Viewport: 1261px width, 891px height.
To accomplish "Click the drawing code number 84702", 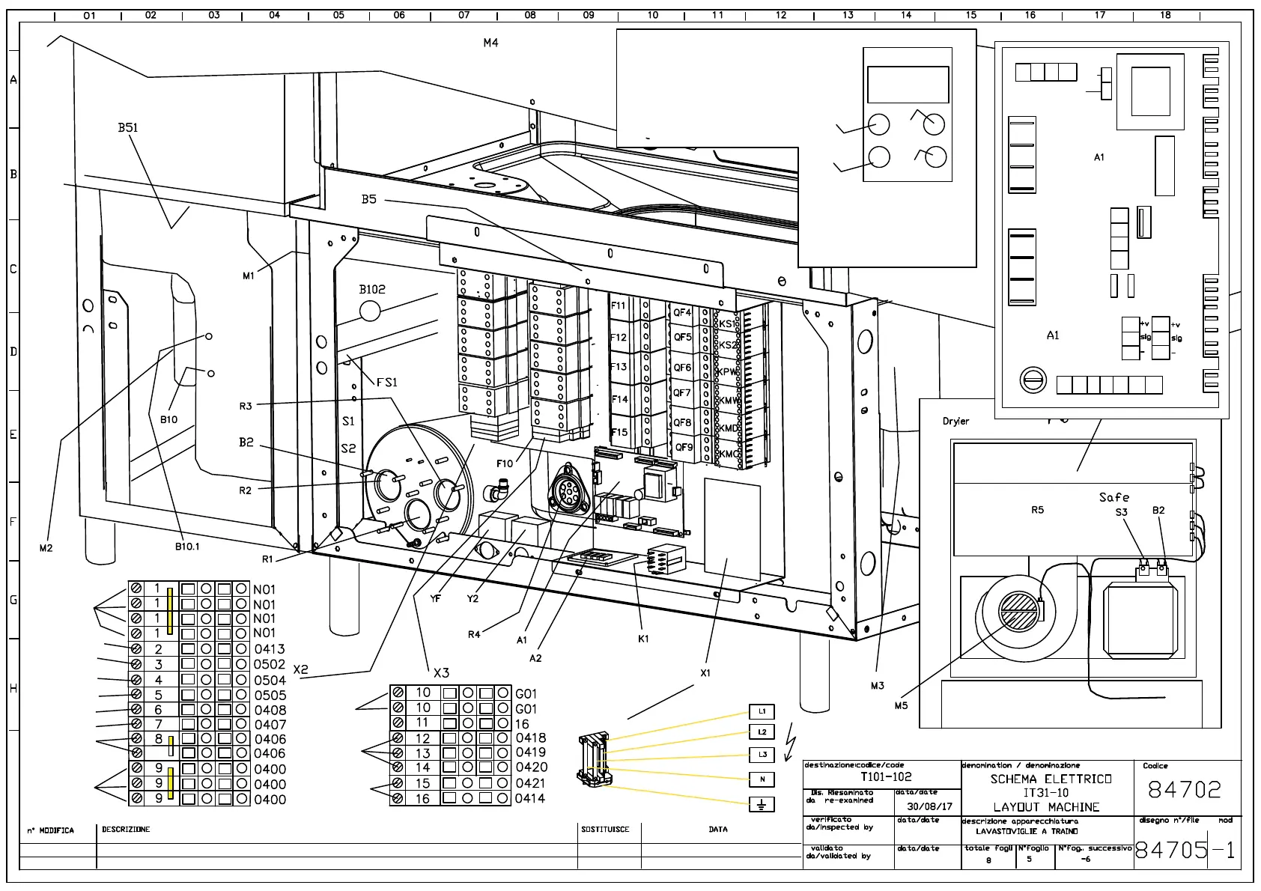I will pos(1184,790).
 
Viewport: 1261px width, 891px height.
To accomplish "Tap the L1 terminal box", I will pos(762,711).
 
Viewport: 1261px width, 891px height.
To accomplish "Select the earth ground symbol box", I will pos(762,805).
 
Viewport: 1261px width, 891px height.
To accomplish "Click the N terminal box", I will pos(762,779).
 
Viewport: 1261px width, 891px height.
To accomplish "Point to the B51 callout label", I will pos(128,128).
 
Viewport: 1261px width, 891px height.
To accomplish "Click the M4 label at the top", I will pos(490,43).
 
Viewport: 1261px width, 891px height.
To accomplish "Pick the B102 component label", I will pos(372,290).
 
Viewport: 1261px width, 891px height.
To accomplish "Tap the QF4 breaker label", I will pos(682,313).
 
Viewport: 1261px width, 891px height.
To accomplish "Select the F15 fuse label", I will pos(619,433).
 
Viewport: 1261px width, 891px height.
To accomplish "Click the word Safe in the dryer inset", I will pos(1114,497).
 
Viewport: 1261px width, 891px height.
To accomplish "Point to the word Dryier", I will pos(955,422).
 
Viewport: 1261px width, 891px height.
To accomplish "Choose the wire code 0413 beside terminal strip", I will pos(270,649).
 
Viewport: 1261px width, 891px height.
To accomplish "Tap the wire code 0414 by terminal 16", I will pos(530,799).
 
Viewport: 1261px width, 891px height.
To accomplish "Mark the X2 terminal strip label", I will pos(300,670).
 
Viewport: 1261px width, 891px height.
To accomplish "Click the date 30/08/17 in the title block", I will pos(929,807).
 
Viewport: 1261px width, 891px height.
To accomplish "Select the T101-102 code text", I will pos(887,777).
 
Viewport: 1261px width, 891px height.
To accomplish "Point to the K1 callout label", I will pos(643,639).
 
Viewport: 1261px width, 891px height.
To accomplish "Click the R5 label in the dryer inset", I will pos(1037,511).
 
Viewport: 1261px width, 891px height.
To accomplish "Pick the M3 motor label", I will pos(877,686).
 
